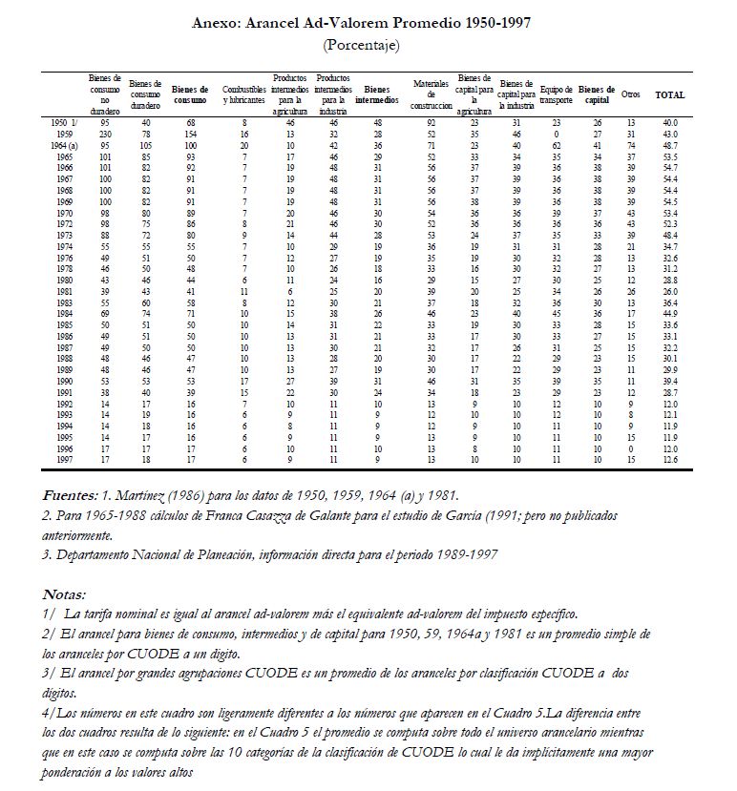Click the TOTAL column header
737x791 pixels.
pyautogui.click(x=669, y=94)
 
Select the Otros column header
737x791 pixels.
pyautogui.click(x=631, y=94)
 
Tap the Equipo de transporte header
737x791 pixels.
pyautogui.click(x=556, y=94)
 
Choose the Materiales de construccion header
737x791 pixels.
pyautogui.click(x=431, y=94)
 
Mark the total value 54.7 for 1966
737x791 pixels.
pyautogui.click(x=669, y=165)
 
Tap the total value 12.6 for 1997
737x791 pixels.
pyautogui.click(x=669, y=459)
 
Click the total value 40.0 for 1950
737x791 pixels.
pyautogui.click(x=669, y=123)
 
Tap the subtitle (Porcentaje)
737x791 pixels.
pyautogui.click(x=362, y=45)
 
